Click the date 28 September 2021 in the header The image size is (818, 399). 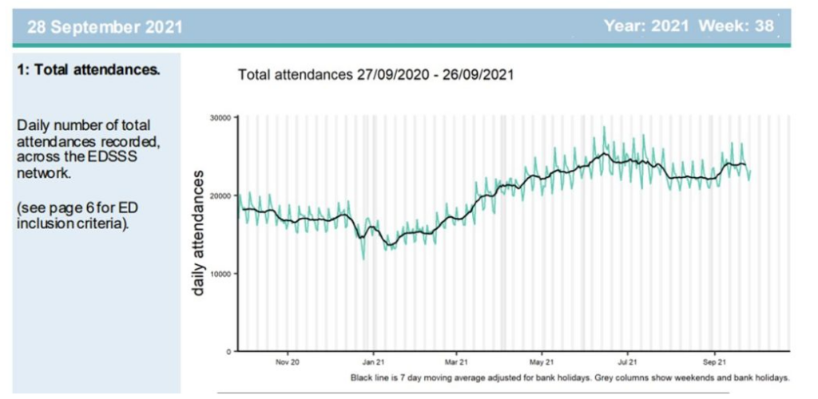pos(105,26)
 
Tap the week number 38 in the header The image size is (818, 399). pos(764,26)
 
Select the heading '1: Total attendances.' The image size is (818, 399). pos(88,69)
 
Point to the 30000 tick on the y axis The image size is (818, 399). pos(220,117)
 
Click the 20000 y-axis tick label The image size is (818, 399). pos(220,196)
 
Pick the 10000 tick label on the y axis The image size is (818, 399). pos(220,273)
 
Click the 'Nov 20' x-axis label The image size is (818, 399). pos(288,361)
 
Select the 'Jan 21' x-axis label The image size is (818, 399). pos(372,361)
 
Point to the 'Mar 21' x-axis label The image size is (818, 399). pos(456,361)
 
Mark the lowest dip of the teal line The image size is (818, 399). pos(363,259)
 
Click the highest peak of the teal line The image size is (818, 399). pos(605,127)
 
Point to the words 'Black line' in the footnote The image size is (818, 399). pos(369,376)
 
